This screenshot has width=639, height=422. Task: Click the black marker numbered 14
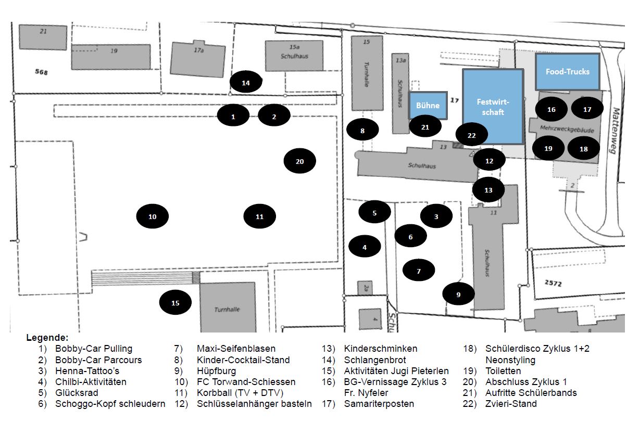pos(246,82)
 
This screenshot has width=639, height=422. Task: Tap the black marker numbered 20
pos(299,161)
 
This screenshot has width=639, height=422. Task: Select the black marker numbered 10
pos(153,216)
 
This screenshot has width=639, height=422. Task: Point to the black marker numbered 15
pos(175,303)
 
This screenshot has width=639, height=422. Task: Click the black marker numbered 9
pos(458,294)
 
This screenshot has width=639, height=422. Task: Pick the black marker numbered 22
pos(471,135)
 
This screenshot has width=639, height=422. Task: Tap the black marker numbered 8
pos(362,130)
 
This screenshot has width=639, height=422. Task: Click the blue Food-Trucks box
pos(568,71)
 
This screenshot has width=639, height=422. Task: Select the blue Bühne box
pos(428,105)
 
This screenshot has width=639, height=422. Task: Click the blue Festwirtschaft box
pos(493,107)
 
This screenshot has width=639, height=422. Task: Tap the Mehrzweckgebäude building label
pos(567,129)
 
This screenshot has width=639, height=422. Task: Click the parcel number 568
pos(41,72)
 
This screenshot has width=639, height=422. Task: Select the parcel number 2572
pos(553,283)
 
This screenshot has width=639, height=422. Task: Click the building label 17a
pos(199,50)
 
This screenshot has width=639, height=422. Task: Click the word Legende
pos(47,338)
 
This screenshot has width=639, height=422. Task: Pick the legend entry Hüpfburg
pos(216,370)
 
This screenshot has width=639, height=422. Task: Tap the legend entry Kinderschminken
pos(381,349)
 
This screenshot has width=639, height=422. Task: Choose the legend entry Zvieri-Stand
pos(511,403)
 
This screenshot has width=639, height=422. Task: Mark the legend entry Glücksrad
pos(77,393)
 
